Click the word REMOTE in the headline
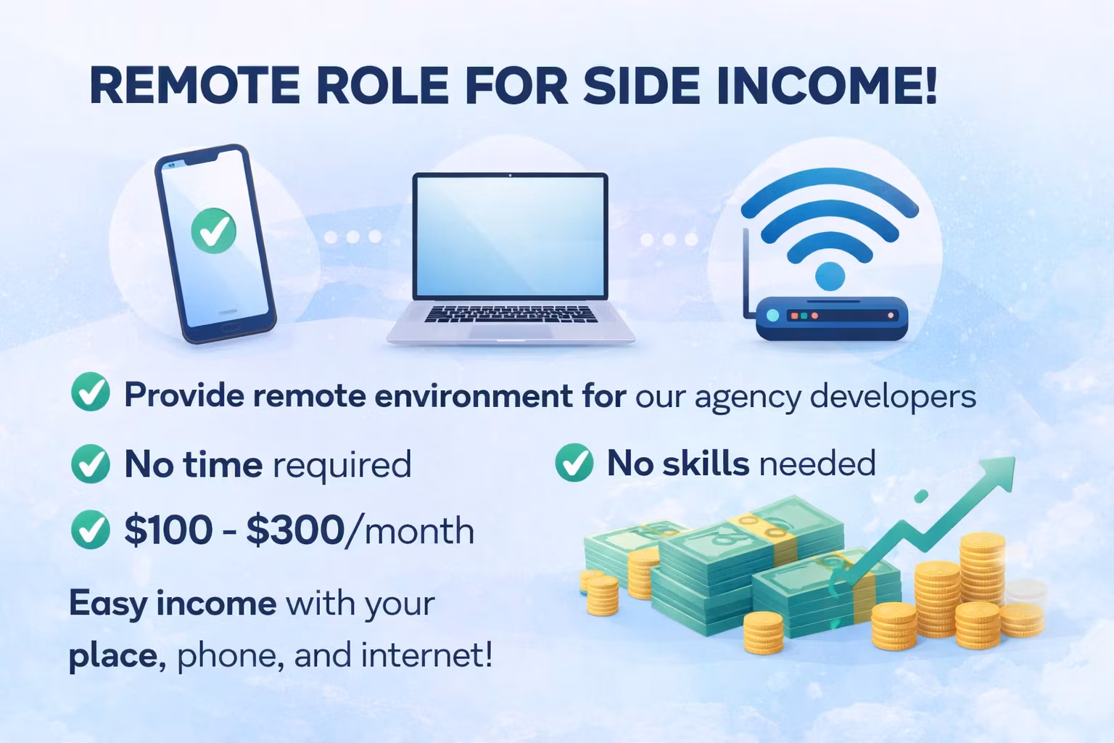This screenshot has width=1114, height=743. click(194, 86)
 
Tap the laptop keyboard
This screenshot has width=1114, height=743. click(511, 313)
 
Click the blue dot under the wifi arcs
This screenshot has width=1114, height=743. click(830, 276)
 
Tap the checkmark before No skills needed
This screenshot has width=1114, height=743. click(574, 462)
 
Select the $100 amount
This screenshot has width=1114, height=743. click(168, 530)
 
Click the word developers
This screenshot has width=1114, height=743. click(892, 396)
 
